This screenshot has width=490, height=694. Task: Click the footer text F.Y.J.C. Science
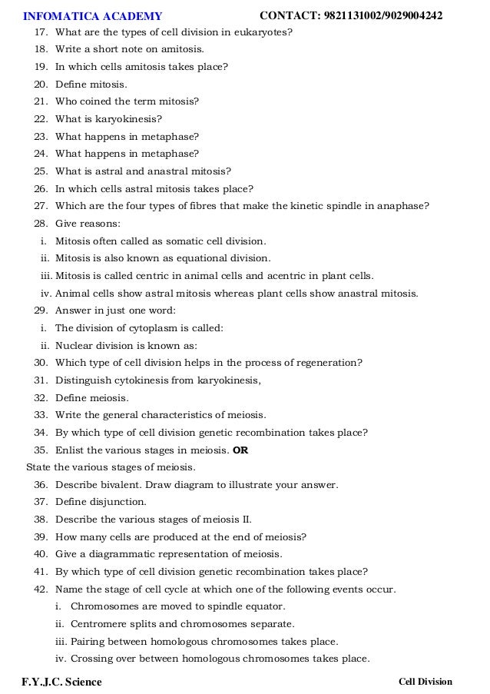click(x=61, y=681)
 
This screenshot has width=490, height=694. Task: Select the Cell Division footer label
click(x=425, y=681)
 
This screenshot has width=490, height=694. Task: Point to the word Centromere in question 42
click(x=98, y=623)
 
